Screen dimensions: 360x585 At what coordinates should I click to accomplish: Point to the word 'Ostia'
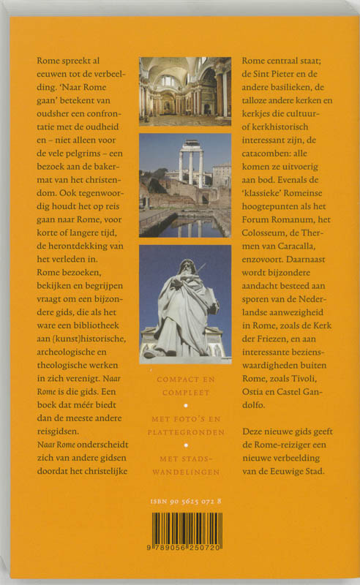pos(255,397)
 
